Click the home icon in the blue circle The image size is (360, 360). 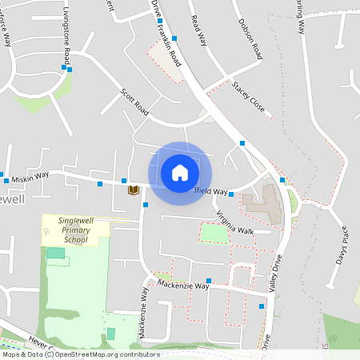(x=180, y=172)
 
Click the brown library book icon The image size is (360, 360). (x=134, y=190)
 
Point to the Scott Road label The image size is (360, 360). (x=135, y=102)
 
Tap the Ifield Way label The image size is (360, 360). (x=211, y=192)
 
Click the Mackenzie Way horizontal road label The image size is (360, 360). (x=183, y=285)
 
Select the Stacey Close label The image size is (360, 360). (x=247, y=94)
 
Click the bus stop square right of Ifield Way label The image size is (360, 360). (x=230, y=194)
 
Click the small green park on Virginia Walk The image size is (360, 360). (x=214, y=233)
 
